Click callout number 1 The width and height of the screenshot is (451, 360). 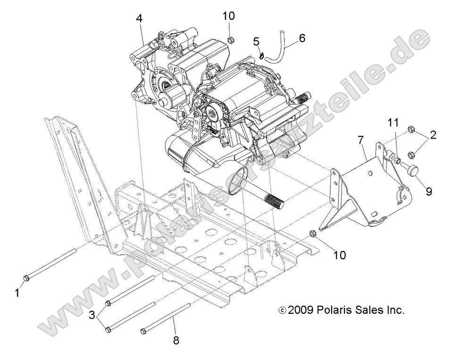[x=17, y=293]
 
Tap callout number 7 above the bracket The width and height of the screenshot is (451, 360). [x=360, y=141]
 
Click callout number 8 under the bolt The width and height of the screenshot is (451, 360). [x=176, y=340]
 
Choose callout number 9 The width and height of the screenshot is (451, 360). [x=429, y=192]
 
